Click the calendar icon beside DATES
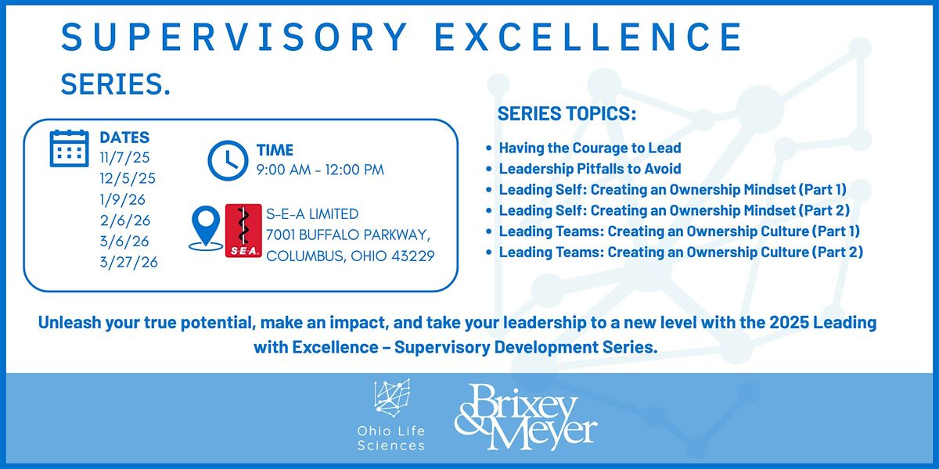69,149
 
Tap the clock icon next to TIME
228,160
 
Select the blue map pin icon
205,228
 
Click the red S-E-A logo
243,231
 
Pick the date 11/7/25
124,157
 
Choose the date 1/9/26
122,199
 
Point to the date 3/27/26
128,262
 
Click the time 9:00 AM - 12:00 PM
320,170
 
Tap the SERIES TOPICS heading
567,113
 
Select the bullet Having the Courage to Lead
590,148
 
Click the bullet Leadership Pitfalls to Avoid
590,169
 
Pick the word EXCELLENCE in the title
588,37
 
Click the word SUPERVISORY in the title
234,37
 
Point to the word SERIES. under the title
116,84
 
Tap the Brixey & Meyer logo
526,417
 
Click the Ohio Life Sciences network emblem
392,398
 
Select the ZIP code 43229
413,256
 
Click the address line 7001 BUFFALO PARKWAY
348,235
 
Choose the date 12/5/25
128,178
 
